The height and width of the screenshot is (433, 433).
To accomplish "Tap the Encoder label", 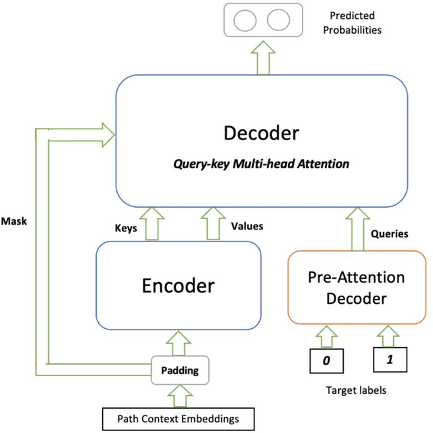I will coord(179,285).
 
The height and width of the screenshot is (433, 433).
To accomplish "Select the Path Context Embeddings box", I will coord(179,419).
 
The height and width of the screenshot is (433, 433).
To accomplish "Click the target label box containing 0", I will coord(326,361).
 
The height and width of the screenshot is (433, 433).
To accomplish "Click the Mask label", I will coord(15,221).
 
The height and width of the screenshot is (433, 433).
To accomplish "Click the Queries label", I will coord(390,234).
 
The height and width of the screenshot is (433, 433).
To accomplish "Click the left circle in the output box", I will coord(243,20).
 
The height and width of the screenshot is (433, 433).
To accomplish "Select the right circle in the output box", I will coord(277,20).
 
